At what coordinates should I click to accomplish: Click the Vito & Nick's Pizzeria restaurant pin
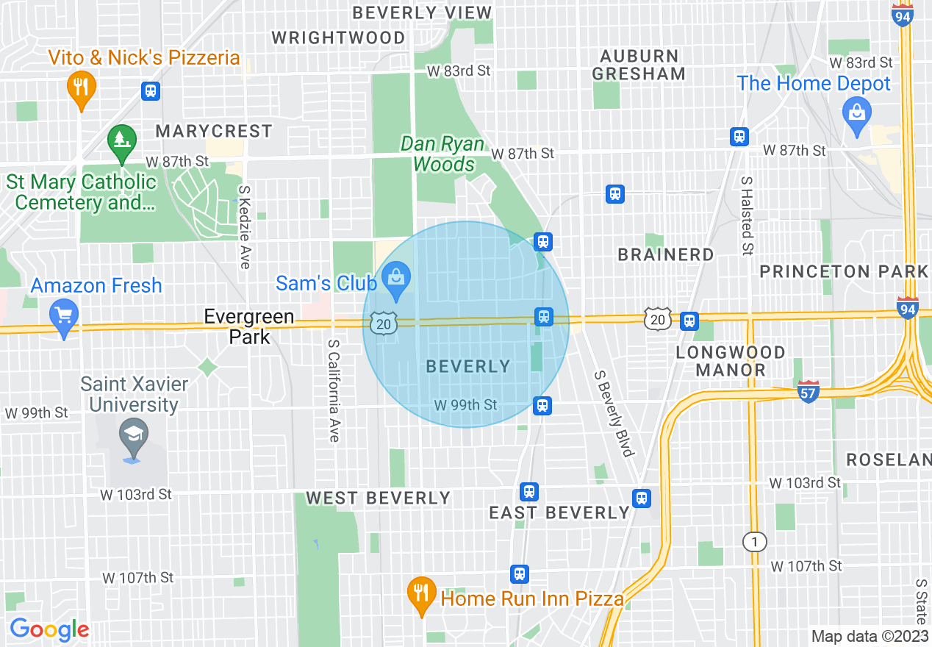pos(82,87)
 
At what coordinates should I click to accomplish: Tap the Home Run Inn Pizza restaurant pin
pos(421,593)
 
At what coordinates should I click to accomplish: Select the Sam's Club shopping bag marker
pos(396,280)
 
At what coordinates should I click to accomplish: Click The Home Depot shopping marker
pos(856,115)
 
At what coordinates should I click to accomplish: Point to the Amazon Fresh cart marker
pos(64,318)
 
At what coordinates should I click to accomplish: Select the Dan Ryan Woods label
pos(443,154)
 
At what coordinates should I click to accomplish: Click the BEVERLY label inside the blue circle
pos(467,366)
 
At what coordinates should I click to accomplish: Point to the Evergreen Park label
pos(249,327)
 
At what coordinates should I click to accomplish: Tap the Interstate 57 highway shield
pos(808,393)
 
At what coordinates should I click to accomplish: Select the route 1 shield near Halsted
pos(753,543)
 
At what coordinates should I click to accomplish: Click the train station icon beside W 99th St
pos(542,406)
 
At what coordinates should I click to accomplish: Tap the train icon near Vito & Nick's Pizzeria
pos(151,91)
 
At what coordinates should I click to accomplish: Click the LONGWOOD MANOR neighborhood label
pos(730,361)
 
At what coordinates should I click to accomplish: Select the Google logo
pos(49,630)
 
